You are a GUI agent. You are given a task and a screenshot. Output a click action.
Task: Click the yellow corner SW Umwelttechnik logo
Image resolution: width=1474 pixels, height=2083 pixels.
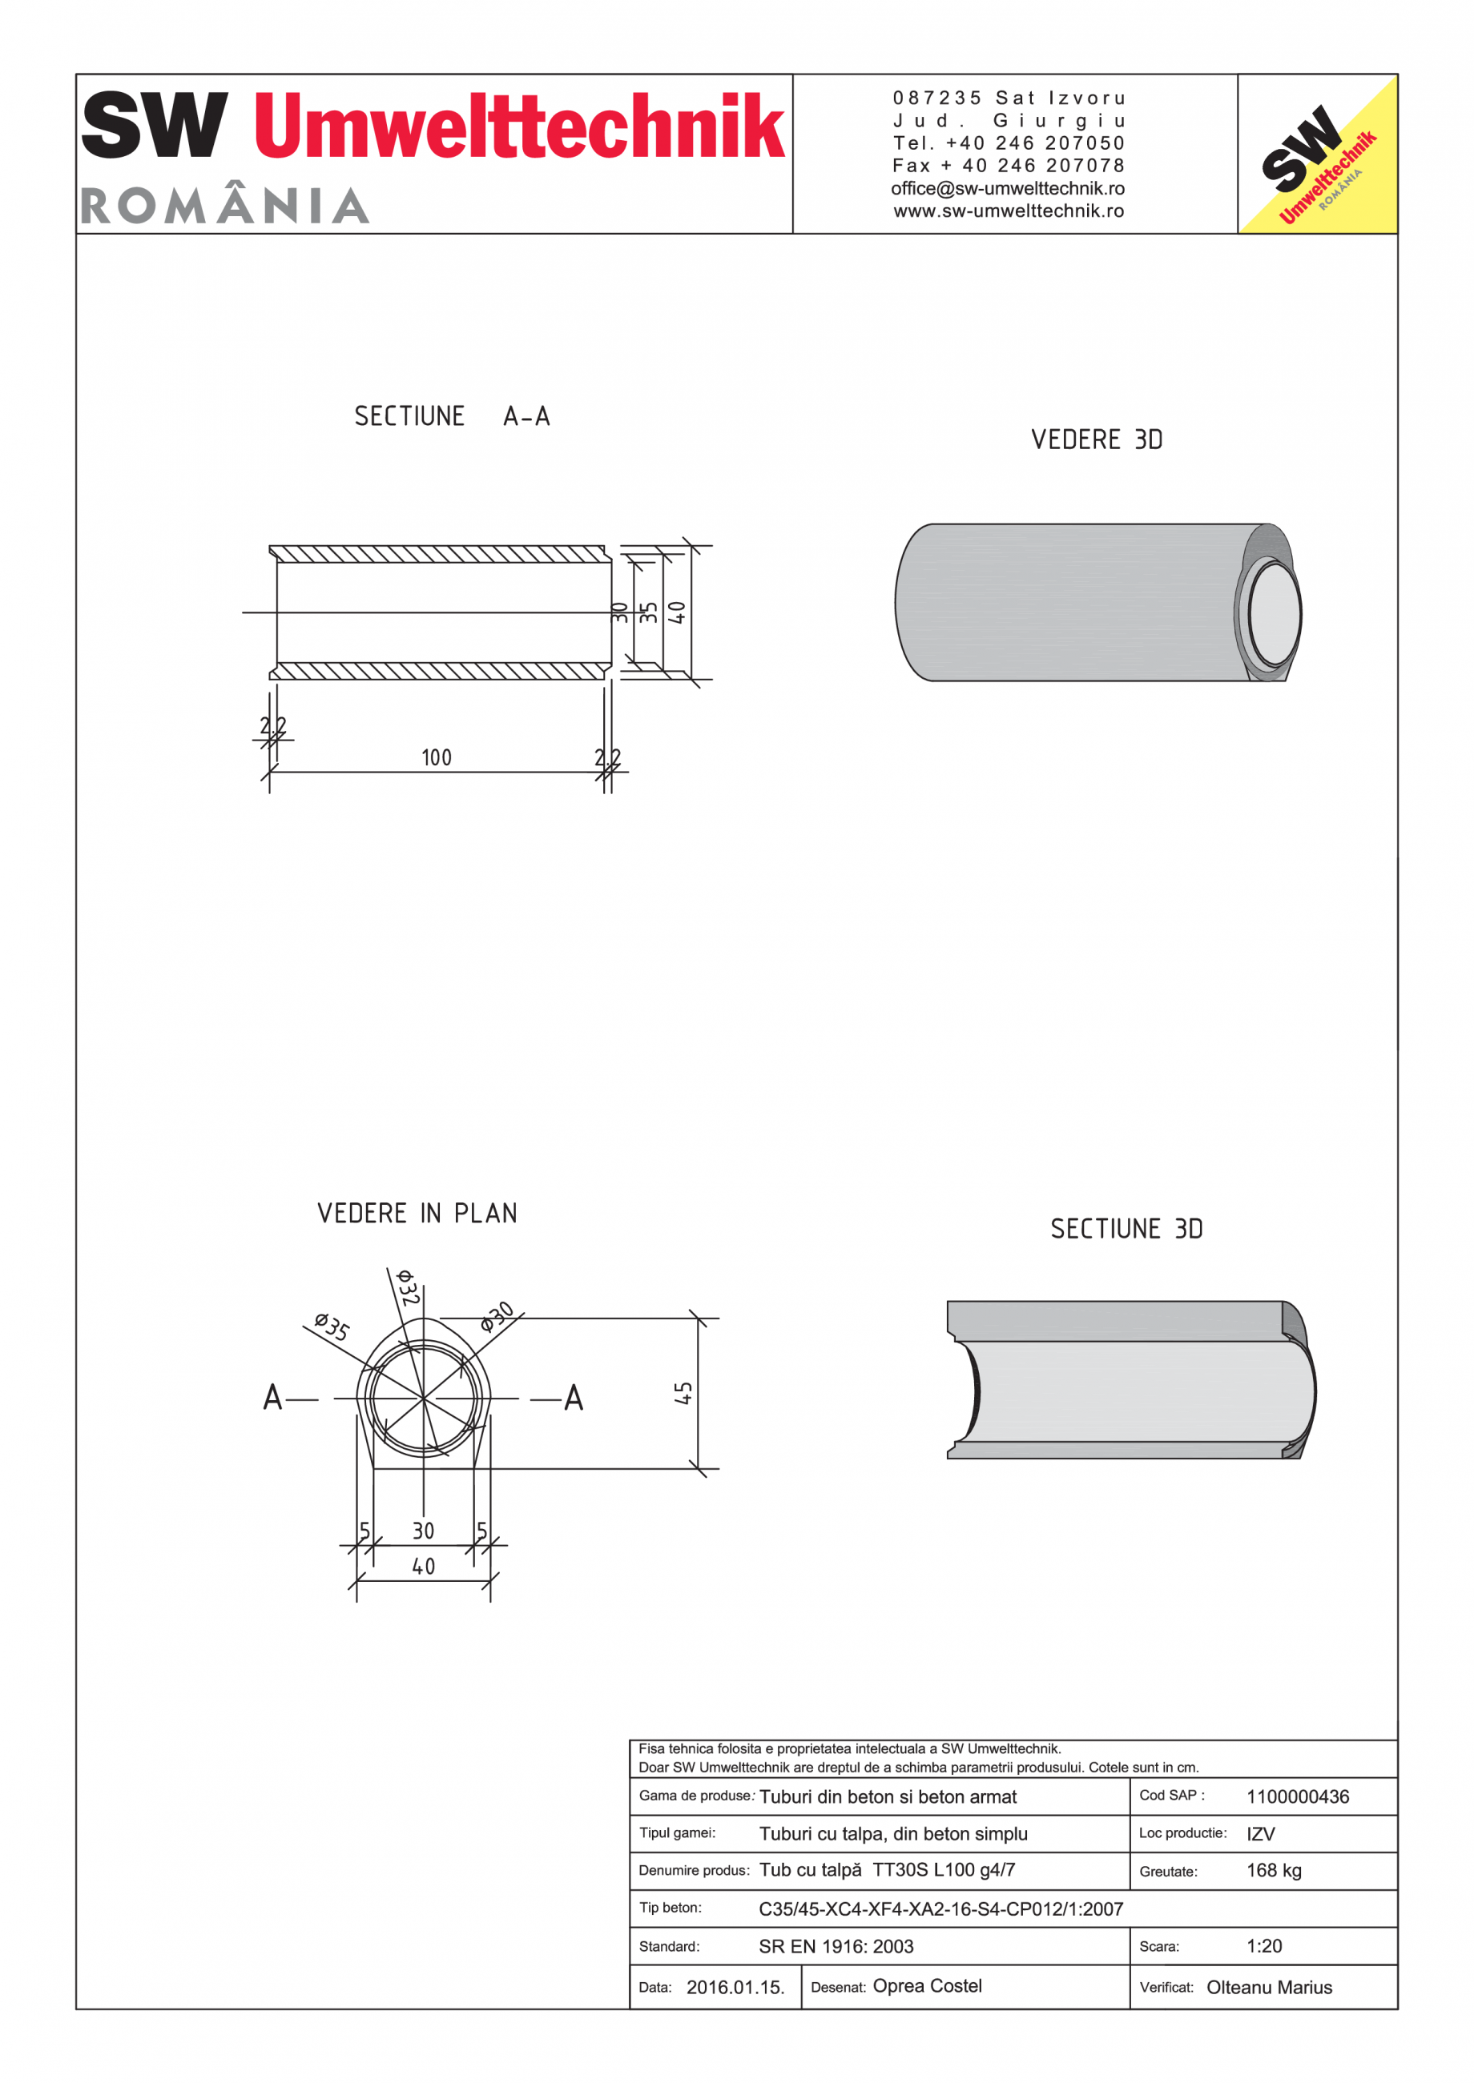click(x=1317, y=155)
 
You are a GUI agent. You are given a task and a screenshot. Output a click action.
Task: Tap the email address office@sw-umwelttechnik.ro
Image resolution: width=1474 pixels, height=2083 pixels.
click(x=1008, y=189)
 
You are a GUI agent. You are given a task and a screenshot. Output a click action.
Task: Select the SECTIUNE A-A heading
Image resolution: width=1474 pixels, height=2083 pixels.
click(x=452, y=416)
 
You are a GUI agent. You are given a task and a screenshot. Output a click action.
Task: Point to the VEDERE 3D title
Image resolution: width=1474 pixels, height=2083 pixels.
click(x=1097, y=440)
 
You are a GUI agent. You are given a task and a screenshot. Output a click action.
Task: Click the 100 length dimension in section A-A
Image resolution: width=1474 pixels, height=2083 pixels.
click(x=437, y=757)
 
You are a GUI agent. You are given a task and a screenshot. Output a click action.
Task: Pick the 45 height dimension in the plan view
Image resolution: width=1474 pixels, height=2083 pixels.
click(x=683, y=1394)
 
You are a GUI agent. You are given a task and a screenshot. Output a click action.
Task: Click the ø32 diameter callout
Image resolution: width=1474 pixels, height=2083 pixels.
click(x=408, y=1288)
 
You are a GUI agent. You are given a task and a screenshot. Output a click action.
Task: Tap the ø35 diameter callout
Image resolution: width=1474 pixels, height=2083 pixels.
click(x=332, y=1326)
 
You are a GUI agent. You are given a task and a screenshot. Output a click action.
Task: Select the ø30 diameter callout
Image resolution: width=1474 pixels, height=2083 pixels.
click(x=497, y=1315)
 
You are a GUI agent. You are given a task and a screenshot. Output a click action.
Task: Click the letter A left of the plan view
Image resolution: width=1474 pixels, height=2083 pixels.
click(x=272, y=1398)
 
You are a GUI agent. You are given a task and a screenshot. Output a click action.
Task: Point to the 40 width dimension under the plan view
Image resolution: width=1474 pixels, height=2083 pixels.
click(x=423, y=1567)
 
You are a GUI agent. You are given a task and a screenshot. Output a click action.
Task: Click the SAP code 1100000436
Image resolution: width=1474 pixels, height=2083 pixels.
click(x=1297, y=1797)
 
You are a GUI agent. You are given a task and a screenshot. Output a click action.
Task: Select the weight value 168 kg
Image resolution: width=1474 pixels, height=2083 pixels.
click(x=1274, y=1871)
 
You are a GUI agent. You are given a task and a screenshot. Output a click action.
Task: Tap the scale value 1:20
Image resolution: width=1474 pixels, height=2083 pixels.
click(x=1263, y=1946)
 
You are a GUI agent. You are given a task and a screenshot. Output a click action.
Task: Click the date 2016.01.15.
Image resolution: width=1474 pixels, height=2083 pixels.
click(x=735, y=1988)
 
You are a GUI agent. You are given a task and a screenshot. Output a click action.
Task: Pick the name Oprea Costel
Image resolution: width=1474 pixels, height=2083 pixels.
click(x=927, y=1986)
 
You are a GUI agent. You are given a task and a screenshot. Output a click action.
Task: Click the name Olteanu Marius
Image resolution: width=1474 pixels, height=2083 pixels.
click(x=1269, y=1988)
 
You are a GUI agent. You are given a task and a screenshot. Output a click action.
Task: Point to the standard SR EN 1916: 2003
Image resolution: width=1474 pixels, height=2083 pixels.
click(x=836, y=1946)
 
